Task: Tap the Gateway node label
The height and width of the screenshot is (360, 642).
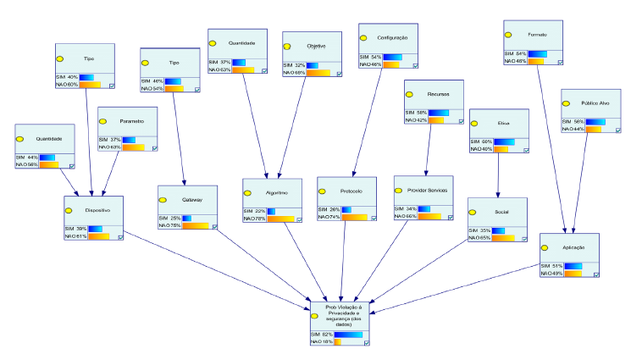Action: (x=191, y=200)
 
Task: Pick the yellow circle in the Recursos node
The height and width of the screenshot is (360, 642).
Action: (x=409, y=95)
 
